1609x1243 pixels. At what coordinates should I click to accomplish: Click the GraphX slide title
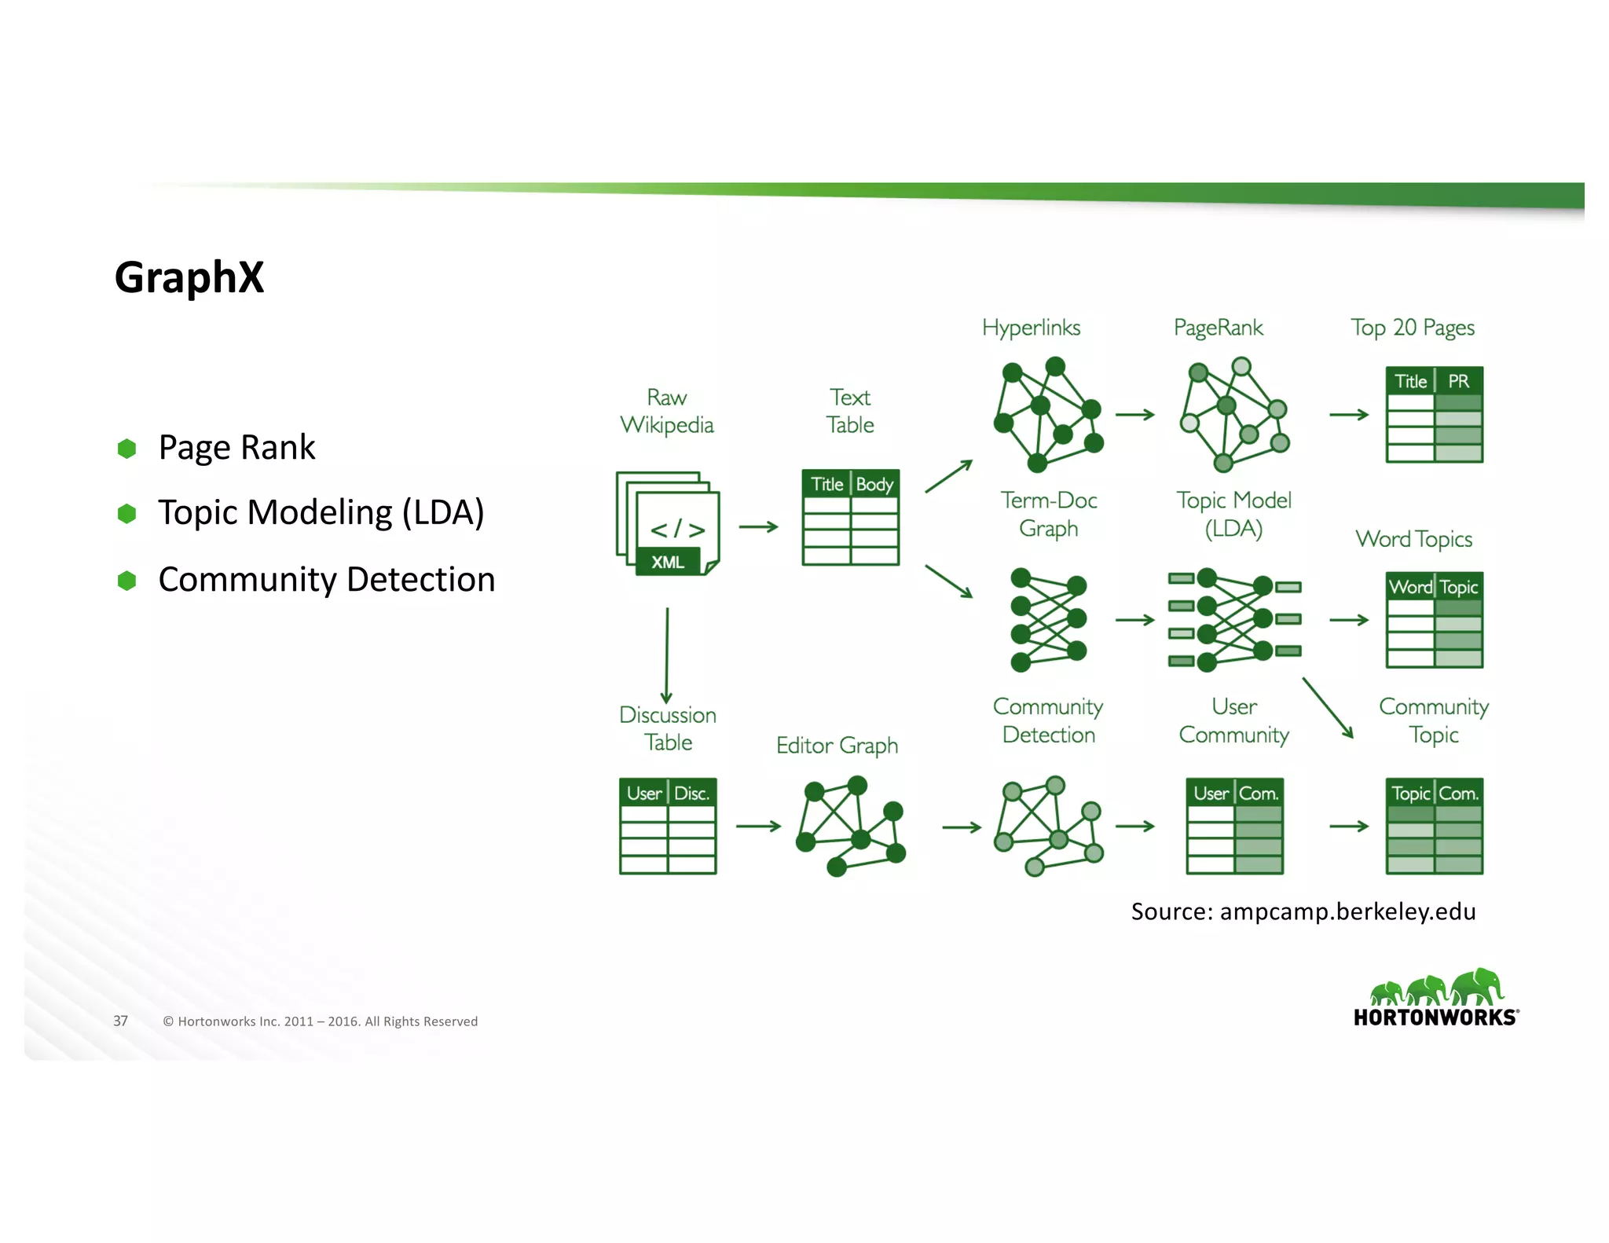[189, 277]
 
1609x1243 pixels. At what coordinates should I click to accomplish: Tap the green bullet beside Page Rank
[126, 449]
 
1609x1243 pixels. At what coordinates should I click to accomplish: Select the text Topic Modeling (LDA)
[321, 512]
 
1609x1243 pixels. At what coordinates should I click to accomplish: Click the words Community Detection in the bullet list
[326, 580]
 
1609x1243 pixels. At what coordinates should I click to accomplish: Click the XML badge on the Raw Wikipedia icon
[668, 562]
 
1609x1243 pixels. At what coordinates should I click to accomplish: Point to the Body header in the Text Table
[874, 484]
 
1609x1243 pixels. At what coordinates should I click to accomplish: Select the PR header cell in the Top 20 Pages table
[1458, 381]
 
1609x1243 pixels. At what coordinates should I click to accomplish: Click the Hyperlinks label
[1031, 328]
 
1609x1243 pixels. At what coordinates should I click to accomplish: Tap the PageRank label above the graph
[1218, 328]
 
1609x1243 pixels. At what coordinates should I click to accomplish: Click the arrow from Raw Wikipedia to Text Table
[758, 526]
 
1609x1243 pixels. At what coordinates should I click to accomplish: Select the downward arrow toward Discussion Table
[667, 654]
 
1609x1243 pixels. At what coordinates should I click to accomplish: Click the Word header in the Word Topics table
[1410, 587]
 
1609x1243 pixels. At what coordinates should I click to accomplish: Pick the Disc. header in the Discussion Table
[691, 794]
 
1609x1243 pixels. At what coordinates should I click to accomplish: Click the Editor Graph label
[837, 745]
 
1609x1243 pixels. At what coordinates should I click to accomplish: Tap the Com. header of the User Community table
[1259, 794]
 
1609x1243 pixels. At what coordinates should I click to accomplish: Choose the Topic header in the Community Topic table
[1410, 794]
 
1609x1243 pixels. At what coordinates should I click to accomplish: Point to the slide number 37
[120, 1021]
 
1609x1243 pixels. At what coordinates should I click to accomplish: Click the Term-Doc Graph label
[1048, 514]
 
